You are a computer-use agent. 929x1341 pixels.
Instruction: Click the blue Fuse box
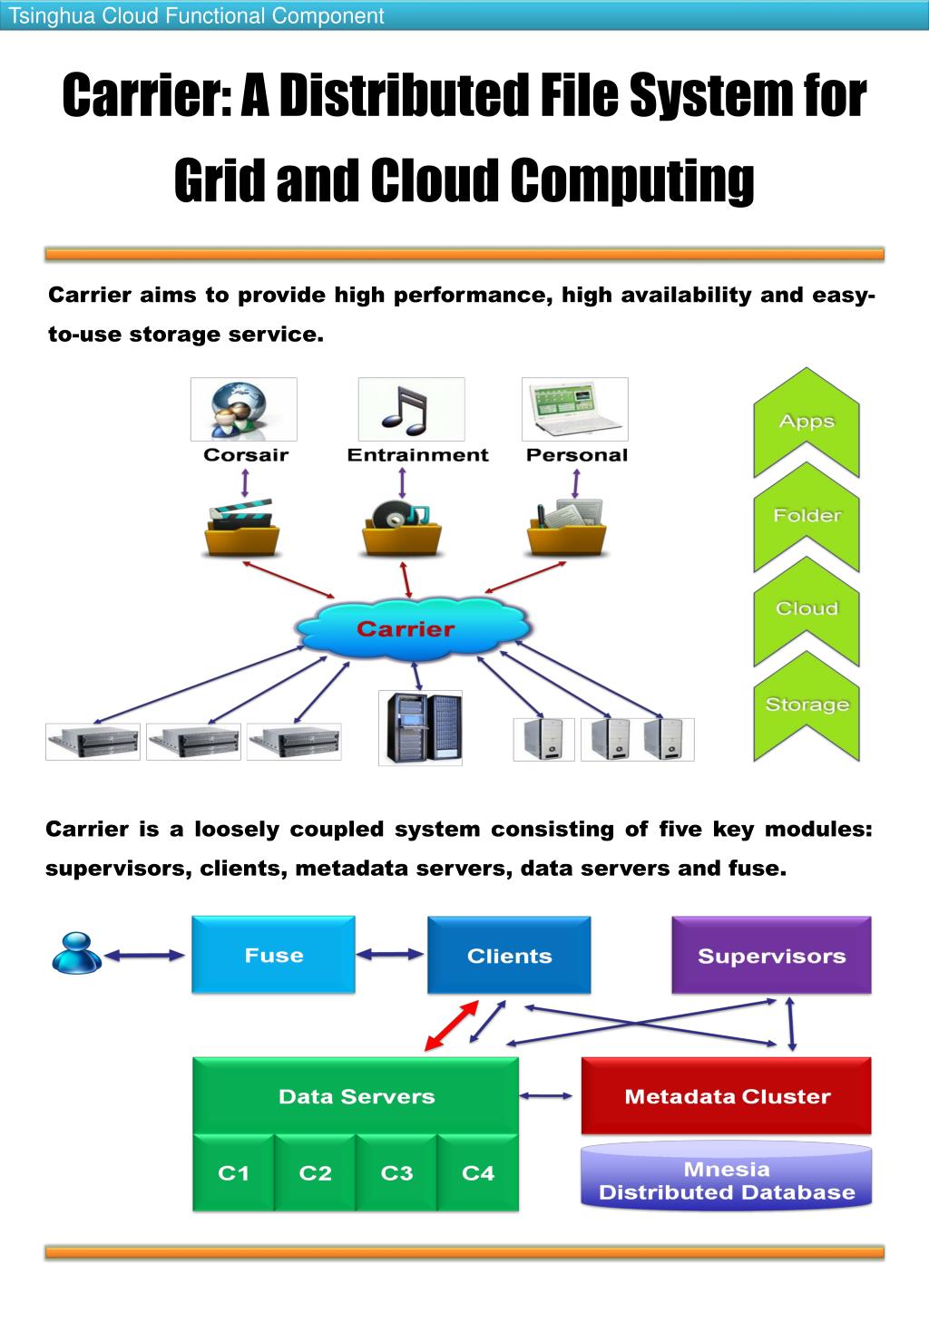click(x=273, y=955)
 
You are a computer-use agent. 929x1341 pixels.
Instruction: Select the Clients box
click(x=509, y=955)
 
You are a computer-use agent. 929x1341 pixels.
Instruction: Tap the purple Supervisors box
click(x=771, y=955)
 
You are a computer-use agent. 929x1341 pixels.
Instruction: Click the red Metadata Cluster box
click(x=727, y=1095)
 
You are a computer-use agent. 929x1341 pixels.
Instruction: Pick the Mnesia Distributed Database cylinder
click(x=727, y=1180)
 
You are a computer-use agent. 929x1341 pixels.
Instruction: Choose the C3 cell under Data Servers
click(x=396, y=1173)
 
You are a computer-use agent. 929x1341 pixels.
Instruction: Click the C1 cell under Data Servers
click(x=233, y=1173)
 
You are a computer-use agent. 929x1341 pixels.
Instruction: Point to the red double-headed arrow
click(x=452, y=1026)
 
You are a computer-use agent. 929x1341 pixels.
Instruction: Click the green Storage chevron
click(x=807, y=705)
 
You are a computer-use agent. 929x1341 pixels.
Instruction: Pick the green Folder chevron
click(x=807, y=516)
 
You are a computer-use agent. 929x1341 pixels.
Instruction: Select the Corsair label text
click(x=246, y=455)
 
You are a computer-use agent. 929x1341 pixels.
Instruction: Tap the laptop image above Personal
click(x=575, y=409)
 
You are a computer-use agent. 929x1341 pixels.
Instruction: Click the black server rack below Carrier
click(x=420, y=727)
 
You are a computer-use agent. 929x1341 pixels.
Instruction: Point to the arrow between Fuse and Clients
click(x=391, y=954)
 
